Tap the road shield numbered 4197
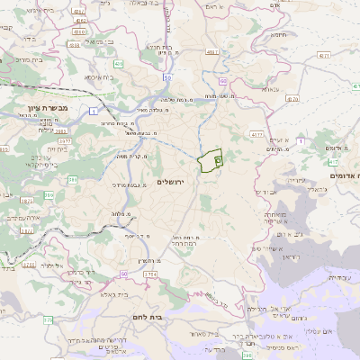[212, 53]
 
